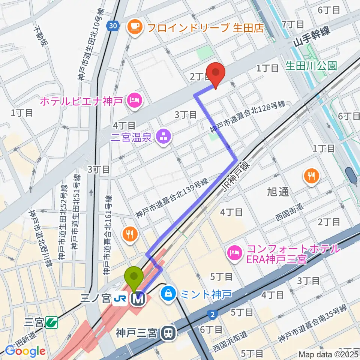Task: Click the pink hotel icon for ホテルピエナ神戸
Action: pos(133,100)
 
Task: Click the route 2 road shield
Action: pos(212,313)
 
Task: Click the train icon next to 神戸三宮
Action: pos(169,333)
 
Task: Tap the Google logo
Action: pos(25,351)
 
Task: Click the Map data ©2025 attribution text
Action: pos(328,354)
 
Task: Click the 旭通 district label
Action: pos(278,192)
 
